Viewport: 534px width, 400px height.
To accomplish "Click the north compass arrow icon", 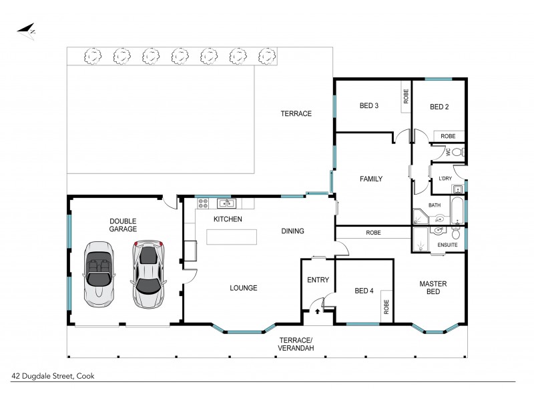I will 27,31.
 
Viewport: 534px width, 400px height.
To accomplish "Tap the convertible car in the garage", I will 99,272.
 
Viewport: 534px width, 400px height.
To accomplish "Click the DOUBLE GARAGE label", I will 123,225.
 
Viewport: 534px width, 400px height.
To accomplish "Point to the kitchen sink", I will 224,203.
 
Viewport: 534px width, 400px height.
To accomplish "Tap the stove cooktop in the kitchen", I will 201,203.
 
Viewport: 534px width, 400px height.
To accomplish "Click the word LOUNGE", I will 244,288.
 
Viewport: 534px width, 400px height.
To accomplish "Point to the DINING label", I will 292,231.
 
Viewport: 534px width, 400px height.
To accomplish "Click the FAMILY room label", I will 370,179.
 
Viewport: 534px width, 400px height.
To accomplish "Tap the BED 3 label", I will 369,106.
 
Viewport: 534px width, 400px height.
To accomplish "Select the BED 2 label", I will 438,106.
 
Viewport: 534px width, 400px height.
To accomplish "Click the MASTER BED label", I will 433,288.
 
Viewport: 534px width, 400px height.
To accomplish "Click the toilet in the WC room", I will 457,152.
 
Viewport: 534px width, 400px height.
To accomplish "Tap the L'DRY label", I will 446,179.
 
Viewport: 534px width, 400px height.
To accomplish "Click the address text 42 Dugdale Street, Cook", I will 53,375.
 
